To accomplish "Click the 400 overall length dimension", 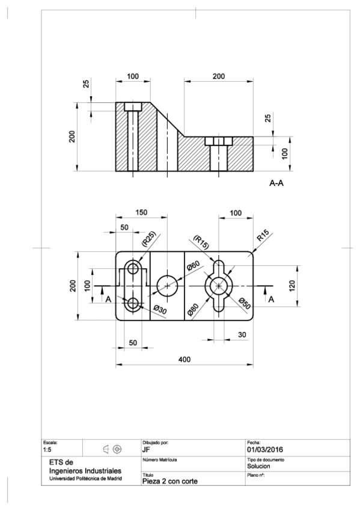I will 184,358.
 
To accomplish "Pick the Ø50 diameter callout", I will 245,304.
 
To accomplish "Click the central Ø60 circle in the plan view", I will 168,286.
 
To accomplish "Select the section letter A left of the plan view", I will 108,299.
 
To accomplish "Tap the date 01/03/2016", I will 267,449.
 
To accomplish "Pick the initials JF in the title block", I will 146,449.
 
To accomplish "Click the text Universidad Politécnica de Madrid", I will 85,479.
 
